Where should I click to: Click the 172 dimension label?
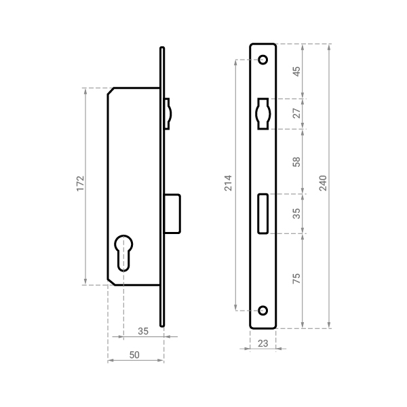pyautogui.click(x=81, y=184)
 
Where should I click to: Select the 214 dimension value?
pyautogui.click(x=228, y=183)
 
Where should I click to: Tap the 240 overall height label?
pyautogui.click(x=323, y=183)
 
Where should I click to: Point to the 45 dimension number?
pyautogui.click(x=296, y=71)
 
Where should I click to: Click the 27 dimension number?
pyautogui.click(x=296, y=113)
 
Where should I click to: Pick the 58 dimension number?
pyautogui.click(x=296, y=161)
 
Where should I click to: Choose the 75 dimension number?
pyautogui.click(x=296, y=279)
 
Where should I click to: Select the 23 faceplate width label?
pyautogui.click(x=263, y=343)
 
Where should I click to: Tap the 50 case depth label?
pyautogui.click(x=134, y=355)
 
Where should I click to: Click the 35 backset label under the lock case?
pyautogui.click(x=143, y=331)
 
